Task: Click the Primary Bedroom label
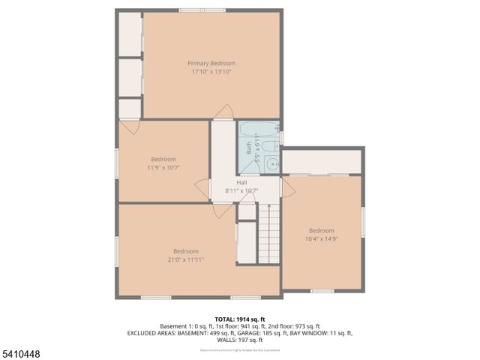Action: coord(211,64)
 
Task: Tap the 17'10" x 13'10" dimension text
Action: coord(211,73)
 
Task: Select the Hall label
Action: coord(242,182)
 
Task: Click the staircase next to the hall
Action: coord(268,232)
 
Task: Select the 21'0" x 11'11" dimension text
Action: coord(186,260)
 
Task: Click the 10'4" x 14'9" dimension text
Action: coord(322,239)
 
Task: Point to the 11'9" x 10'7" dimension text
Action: coord(163,168)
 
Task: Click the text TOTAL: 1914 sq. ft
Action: coord(239,318)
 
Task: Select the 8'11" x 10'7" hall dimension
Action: coord(241,190)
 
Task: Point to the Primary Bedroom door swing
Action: coord(223,114)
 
